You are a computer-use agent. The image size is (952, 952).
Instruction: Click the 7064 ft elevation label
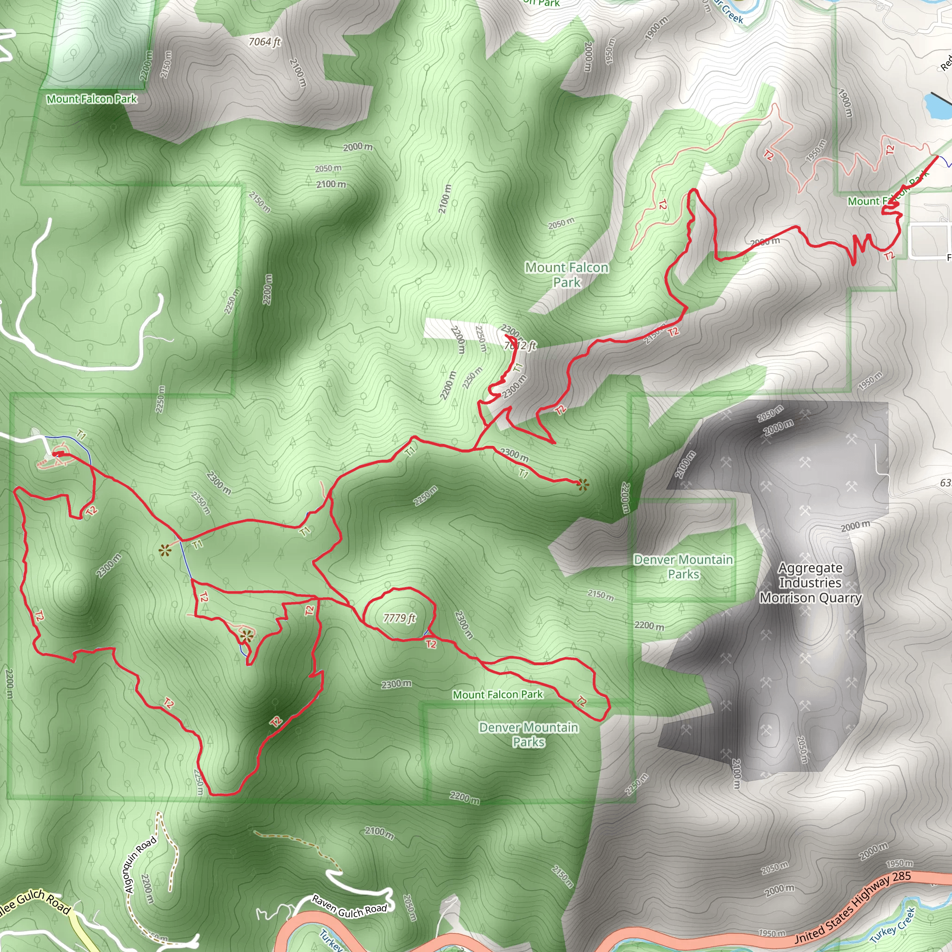click(264, 42)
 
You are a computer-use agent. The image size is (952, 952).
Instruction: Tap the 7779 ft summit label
click(400, 618)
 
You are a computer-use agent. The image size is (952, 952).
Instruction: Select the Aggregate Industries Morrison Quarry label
click(811, 583)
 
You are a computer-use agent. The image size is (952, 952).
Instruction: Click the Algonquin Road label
click(140, 865)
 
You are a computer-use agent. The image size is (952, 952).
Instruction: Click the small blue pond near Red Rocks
click(936, 106)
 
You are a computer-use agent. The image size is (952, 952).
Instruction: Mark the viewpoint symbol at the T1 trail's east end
click(583, 485)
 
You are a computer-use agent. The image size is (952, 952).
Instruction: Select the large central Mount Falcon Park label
click(567, 274)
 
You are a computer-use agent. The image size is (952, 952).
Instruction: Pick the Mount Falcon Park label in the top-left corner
click(92, 99)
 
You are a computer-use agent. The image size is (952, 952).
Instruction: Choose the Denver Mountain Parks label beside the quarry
click(683, 567)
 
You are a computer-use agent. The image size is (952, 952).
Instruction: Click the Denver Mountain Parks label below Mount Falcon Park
click(529, 735)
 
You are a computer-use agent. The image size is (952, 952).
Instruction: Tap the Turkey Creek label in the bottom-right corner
click(892, 925)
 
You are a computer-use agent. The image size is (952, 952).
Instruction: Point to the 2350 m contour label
click(201, 502)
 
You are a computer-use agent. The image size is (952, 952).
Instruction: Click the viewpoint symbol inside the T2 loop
click(247, 635)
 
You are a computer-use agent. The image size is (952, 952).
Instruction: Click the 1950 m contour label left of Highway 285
click(772, 933)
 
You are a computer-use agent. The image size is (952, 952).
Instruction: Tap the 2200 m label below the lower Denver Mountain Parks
click(464, 797)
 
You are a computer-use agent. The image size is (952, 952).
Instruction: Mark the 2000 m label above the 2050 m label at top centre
click(358, 147)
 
